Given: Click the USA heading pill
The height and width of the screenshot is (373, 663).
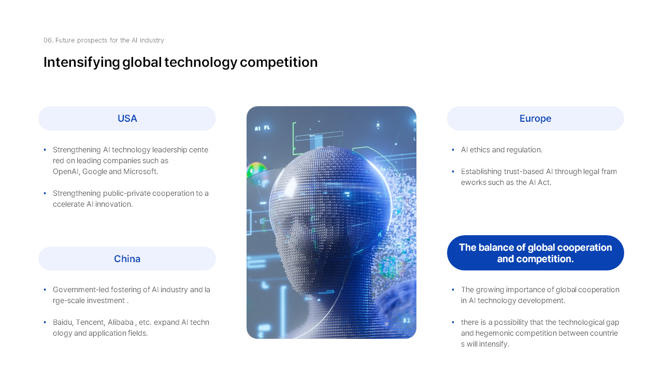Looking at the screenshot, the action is pos(127,119).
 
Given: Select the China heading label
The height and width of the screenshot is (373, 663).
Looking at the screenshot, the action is pos(127,259).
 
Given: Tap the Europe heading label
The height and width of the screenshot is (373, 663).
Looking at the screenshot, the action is pos(535,119).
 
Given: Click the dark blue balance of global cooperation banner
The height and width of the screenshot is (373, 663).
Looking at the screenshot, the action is pos(535,253).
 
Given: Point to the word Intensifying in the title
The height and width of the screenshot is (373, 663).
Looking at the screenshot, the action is pos(81,63).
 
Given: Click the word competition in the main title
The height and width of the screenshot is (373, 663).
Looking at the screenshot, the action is pos(279,63).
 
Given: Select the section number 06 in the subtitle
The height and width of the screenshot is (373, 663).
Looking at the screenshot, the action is pos(48,40).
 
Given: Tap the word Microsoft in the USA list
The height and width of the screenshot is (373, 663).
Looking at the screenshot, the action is pos(140,171).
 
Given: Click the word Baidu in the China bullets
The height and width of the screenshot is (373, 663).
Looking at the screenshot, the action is pos(62,322).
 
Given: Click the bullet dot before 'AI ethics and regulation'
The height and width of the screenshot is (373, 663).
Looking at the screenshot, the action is pos(453,150).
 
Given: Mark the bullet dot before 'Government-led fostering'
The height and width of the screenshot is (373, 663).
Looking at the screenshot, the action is pos(45,290).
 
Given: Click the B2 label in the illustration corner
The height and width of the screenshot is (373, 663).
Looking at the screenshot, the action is pos(407,321).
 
